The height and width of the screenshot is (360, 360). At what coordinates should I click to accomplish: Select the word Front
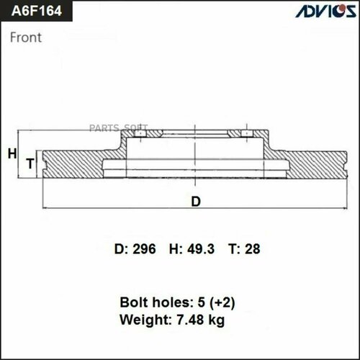pos(25,38)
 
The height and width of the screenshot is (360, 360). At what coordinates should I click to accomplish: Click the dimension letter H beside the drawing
pos(11,153)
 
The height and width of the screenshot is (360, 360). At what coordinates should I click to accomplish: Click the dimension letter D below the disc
pos(195,202)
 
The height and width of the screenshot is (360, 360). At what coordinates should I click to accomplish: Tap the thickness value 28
pos(252,250)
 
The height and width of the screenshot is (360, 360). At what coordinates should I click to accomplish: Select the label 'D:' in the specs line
pos(121,250)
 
